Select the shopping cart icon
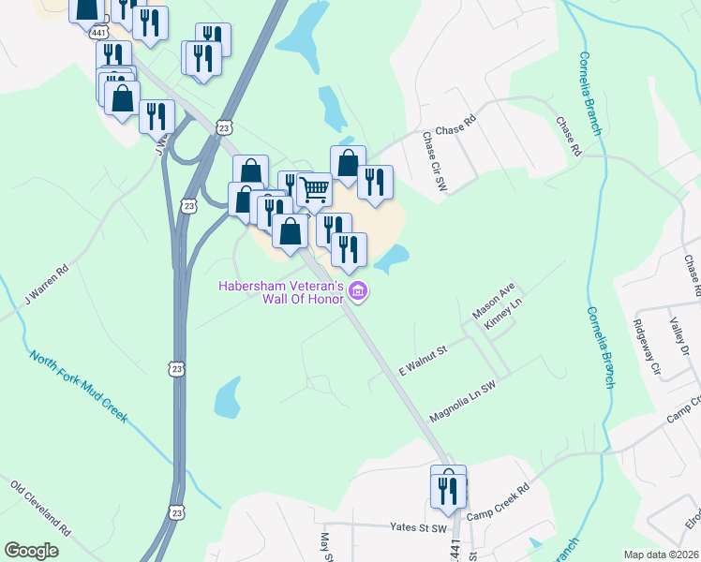coord(315,189)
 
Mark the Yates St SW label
coord(417,528)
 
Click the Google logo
coord(32,551)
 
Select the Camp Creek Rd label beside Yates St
coord(499,502)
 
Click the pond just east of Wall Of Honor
coord(394,257)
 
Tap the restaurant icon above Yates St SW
coord(449,490)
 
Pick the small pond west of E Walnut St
coord(229,400)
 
